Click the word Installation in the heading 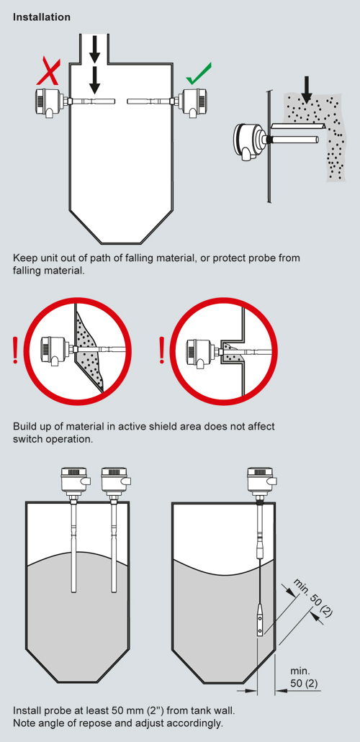click(x=42, y=17)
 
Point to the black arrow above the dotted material click(x=307, y=95)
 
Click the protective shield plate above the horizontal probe click(x=297, y=125)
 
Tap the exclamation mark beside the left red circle click(x=16, y=350)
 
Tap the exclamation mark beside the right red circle click(x=163, y=350)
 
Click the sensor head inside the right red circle click(x=202, y=351)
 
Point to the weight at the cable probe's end click(x=260, y=620)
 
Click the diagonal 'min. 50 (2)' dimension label click(x=313, y=597)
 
